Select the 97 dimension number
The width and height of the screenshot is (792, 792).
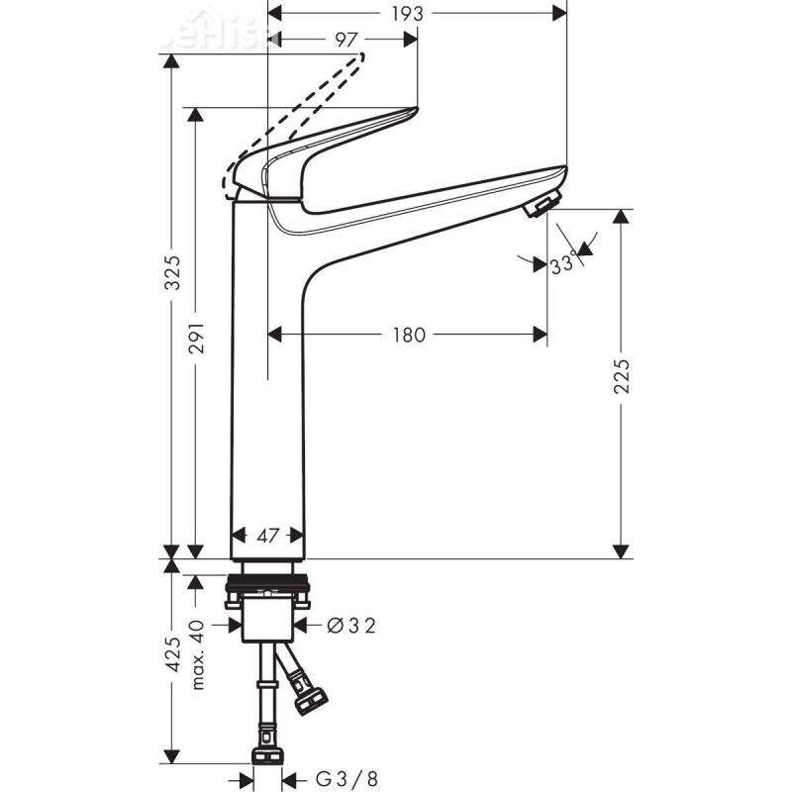pyautogui.click(x=346, y=40)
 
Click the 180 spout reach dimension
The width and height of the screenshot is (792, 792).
pyautogui.click(x=408, y=335)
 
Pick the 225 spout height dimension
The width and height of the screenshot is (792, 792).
pyautogui.click(x=621, y=375)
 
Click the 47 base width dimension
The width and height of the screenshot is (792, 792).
pyautogui.click(x=267, y=536)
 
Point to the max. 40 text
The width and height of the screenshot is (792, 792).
pyautogui.click(x=197, y=654)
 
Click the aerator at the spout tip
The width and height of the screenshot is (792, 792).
pyautogui.click(x=541, y=205)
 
